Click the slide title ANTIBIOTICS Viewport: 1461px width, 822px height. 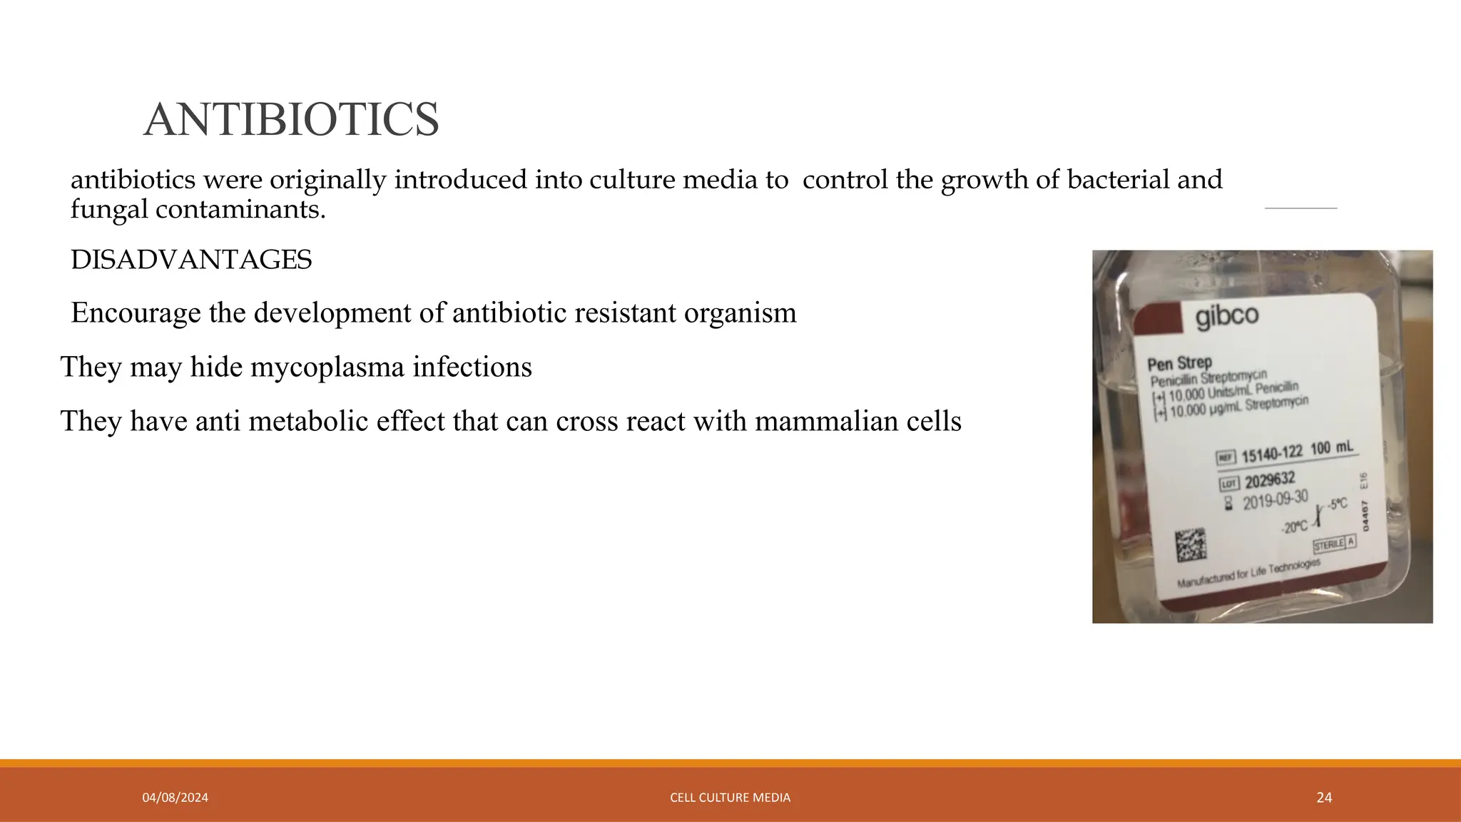tap(291, 119)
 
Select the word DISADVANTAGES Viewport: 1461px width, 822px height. tap(191, 260)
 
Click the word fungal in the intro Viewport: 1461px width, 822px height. tap(108, 209)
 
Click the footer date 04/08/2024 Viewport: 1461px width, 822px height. tap(175, 798)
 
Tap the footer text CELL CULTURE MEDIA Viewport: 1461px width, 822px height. tap(730, 798)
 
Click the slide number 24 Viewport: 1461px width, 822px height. tap(1324, 798)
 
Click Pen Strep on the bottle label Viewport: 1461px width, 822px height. tap(1179, 362)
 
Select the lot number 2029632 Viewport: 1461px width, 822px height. tap(1270, 479)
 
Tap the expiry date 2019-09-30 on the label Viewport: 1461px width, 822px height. tap(1276, 500)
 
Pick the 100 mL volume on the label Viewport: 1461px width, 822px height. tap(1331, 447)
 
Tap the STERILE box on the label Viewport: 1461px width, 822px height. tap(1329, 544)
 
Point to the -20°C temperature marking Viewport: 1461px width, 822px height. tap(1294, 527)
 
